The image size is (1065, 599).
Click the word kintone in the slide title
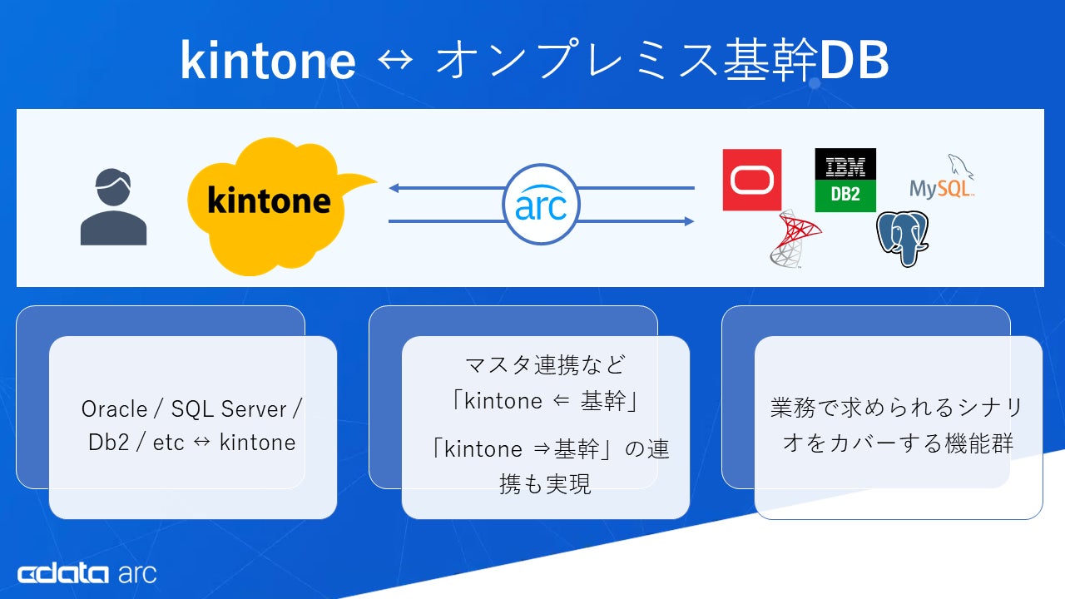click(268, 60)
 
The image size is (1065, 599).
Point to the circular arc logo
click(541, 205)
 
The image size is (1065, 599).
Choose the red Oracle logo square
click(752, 180)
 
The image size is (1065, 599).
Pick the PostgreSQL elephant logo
click(902, 238)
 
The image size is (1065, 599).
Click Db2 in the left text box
click(108, 443)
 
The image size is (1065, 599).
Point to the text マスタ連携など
click(545, 364)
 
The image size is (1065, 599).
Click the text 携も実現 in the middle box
click(545, 485)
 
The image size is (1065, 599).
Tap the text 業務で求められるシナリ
click(896, 408)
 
